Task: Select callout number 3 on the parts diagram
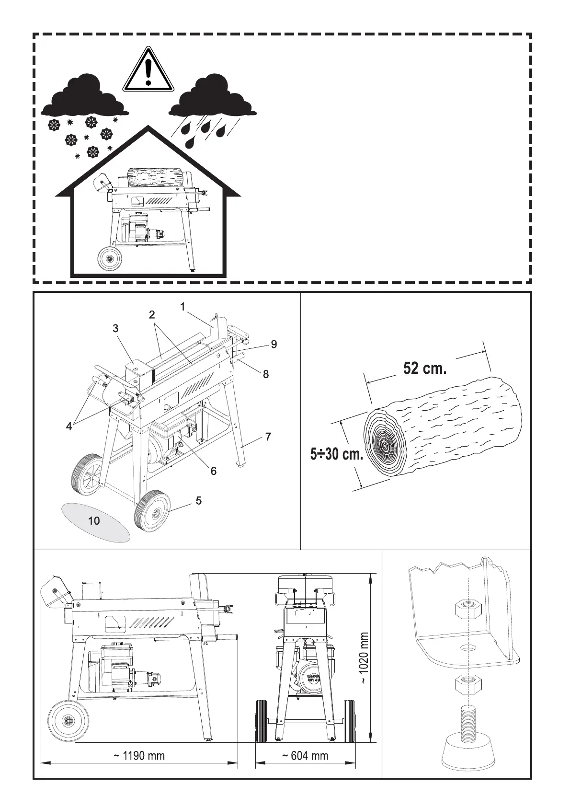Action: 115,328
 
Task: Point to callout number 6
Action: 214,471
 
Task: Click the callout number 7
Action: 268,437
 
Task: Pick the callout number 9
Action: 274,344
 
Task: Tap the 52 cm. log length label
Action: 425,369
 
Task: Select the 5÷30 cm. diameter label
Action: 336,453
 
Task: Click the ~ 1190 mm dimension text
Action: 139,756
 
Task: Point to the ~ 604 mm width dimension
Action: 305,756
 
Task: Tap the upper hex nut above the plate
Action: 467,610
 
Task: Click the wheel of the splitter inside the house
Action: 110,259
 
